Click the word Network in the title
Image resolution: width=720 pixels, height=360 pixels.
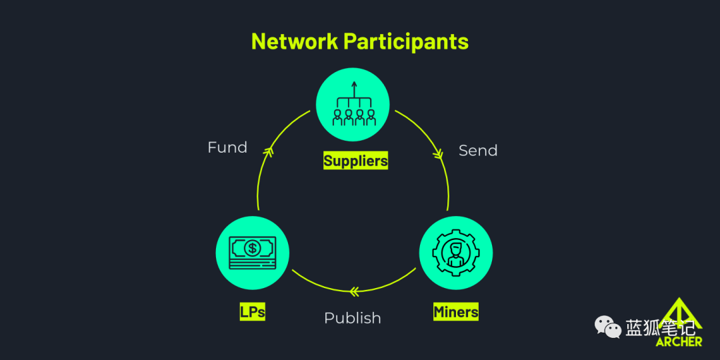click(x=294, y=41)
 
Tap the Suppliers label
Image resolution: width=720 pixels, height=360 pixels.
click(x=355, y=161)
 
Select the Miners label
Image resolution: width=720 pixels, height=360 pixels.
click(x=456, y=311)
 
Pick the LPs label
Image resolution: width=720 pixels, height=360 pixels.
click(x=252, y=311)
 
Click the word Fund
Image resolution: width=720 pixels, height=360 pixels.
click(x=227, y=147)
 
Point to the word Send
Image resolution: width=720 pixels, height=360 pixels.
click(x=478, y=151)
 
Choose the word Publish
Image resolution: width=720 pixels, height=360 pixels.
click(x=353, y=318)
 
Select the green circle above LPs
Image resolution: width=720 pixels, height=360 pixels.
click(x=252, y=253)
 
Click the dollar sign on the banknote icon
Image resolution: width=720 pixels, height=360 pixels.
click(x=252, y=249)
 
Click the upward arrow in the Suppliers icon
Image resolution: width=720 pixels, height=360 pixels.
click(x=354, y=89)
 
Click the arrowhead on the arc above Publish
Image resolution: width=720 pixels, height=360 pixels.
click(x=354, y=291)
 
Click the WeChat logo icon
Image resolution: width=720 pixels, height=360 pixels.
click(x=608, y=326)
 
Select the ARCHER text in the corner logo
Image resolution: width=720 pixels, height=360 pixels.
click(x=679, y=341)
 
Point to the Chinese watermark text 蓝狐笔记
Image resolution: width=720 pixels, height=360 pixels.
click(x=660, y=327)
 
